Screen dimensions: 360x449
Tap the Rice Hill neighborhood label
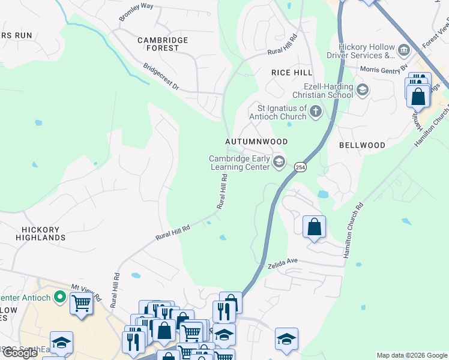pyautogui.click(x=292, y=73)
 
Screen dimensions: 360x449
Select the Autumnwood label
pyautogui.click(x=256, y=142)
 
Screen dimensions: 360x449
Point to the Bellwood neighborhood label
pyautogui.click(x=362, y=145)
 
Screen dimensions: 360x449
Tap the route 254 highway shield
pyautogui.click(x=301, y=167)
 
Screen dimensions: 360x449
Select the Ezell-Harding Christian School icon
pyautogui.click(x=362, y=90)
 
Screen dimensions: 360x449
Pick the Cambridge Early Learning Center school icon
pyautogui.click(x=279, y=162)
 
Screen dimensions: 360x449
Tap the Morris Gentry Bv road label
pyautogui.click(x=384, y=68)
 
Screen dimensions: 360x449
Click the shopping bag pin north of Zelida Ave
pyautogui.click(x=314, y=227)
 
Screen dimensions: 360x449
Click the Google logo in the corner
pyautogui.click(x=20, y=353)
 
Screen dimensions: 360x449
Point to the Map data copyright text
pyautogui.click(x=411, y=355)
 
